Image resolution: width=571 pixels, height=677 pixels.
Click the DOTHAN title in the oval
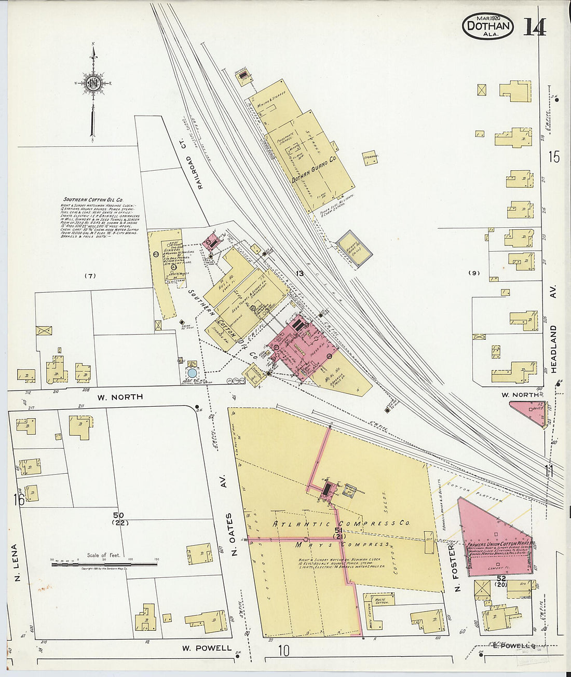(487, 25)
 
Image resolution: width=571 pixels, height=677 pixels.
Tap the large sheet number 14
(534, 27)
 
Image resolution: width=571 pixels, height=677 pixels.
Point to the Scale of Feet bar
(104, 563)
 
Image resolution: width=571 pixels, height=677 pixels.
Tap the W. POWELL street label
(207, 648)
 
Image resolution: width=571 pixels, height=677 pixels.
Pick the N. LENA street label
(15, 563)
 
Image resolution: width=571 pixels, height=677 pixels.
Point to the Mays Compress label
(343, 544)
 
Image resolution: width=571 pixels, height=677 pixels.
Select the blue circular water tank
(192, 372)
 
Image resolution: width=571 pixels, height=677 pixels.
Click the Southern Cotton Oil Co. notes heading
(93, 199)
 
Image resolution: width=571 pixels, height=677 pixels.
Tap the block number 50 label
(119, 515)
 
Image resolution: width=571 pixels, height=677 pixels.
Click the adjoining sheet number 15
(554, 156)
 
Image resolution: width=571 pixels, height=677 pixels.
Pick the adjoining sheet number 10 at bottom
(283, 651)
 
